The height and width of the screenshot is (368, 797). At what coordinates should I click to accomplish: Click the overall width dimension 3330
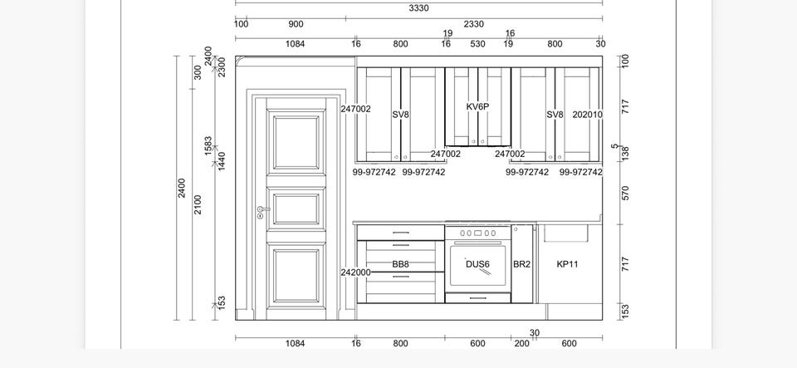click(418, 8)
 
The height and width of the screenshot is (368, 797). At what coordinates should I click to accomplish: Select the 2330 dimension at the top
click(474, 24)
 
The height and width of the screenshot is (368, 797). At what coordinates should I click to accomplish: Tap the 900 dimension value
click(296, 24)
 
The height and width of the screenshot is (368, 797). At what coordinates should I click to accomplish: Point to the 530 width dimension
click(478, 44)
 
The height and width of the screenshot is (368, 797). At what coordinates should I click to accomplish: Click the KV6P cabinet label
click(478, 106)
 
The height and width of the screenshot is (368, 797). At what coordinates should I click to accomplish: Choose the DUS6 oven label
click(478, 264)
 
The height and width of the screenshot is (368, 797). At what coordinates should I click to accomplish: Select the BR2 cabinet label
click(521, 264)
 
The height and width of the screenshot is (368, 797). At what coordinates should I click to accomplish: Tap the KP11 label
click(567, 264)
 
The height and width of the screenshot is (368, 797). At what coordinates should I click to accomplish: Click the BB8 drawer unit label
click(400, 264)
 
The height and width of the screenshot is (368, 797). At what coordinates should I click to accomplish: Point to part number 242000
click(356, 272)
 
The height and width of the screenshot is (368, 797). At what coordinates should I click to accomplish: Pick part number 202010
click(588, 115)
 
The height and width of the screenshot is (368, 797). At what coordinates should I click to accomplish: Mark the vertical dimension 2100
click(198, 204)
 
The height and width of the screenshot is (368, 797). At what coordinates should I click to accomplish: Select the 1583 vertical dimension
click(208, 146)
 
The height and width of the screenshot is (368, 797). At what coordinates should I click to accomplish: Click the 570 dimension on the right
click(625, 194)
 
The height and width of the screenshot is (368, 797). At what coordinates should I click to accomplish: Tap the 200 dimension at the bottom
click(521, 344)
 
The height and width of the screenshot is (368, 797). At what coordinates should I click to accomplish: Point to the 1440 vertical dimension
click(222, 161)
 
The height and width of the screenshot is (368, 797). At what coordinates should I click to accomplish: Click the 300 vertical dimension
click(198, 72)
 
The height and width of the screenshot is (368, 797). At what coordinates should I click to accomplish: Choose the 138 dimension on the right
click(625, 154)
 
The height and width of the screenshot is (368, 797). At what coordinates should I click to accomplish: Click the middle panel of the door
click(296, 209)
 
